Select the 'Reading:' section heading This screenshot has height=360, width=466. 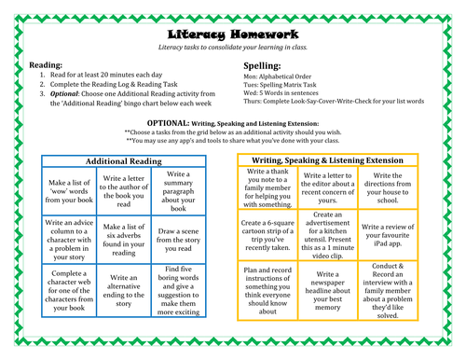47,65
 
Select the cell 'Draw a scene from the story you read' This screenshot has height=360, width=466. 182,236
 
